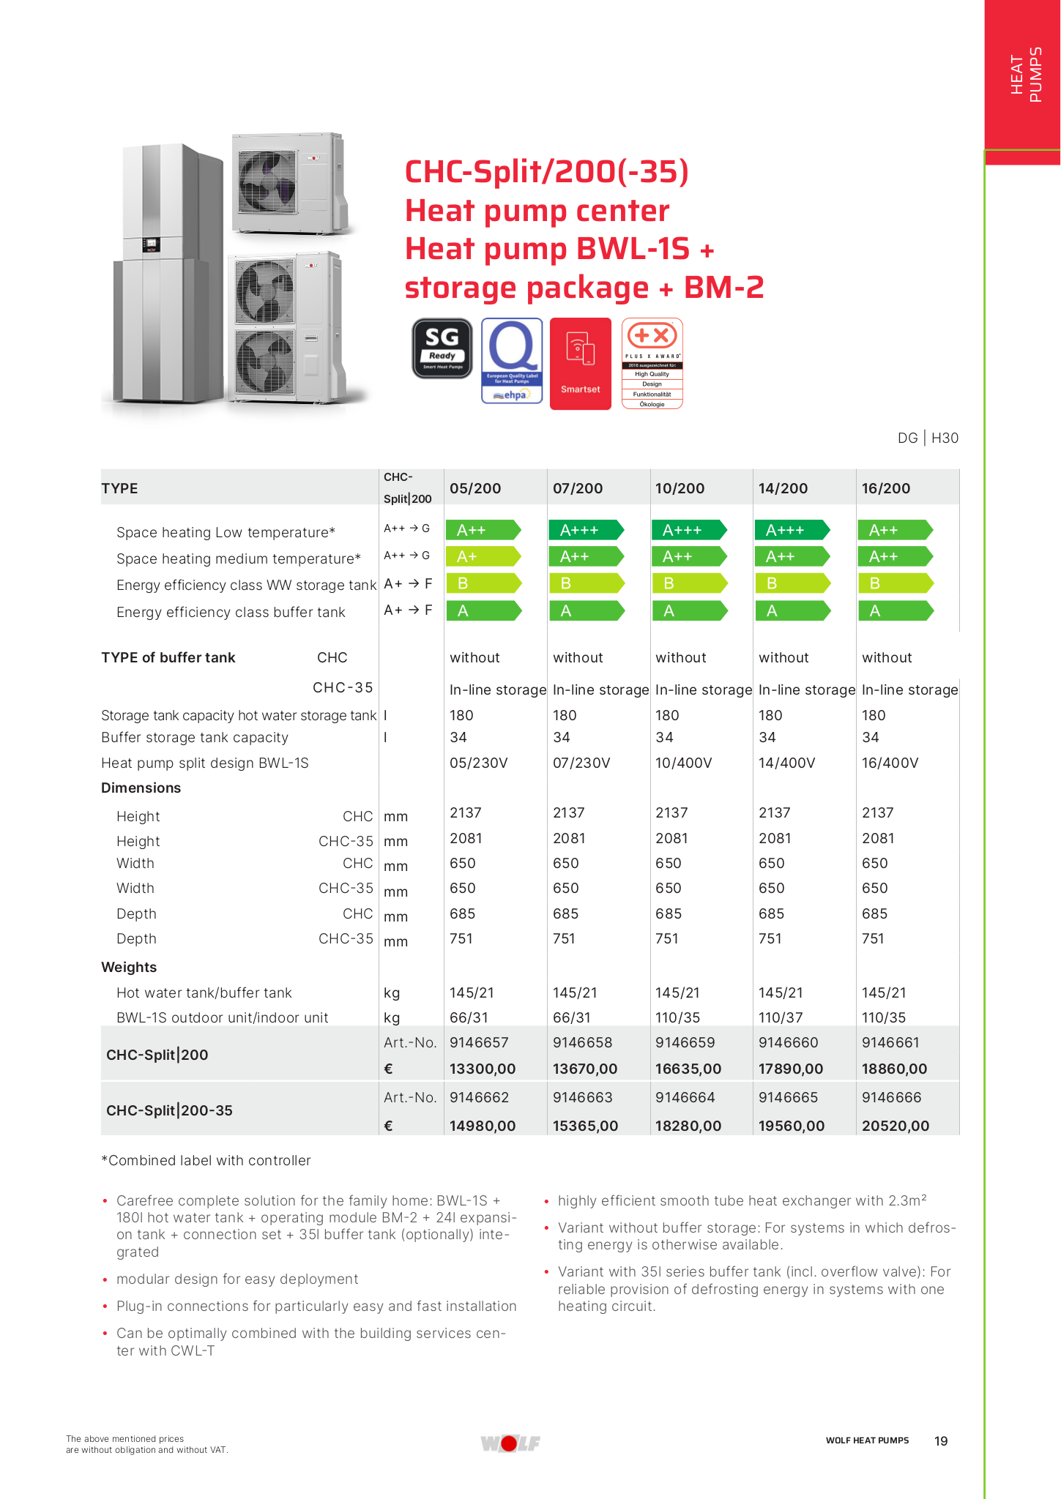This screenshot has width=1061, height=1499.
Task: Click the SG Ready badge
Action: pyautogui.click(x=442, y=348)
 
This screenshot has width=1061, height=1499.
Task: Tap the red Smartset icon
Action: pyautogui.click(x=580, y=363)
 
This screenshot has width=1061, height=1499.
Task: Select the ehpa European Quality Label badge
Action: pyautogui.click(x=512, y=360)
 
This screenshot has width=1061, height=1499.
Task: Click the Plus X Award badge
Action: pyautogui.click(x=652, y=363)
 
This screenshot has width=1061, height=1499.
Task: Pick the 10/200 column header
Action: pyautogui.click(x=680, y=488)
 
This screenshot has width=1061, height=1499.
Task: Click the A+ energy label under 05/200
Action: pyautogui.click(x=483, y=557)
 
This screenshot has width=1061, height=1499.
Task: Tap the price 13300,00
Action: pyautogui.click(x=483, y=1069)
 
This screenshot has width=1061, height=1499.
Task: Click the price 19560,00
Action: pyautogui.click(x=791, y=1126)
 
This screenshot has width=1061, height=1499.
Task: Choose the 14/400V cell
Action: pyautogui.click(x=786, y=763)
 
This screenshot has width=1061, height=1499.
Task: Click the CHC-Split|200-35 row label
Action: pyautogui.click(x=169, y=1110)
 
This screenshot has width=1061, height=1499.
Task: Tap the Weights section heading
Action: pyautogui.click(x=129, y=967)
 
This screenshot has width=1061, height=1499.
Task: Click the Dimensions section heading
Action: pyautogui.click(x=141, y=788)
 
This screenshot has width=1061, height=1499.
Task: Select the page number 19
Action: pyautogui.click(x=941, y=1440)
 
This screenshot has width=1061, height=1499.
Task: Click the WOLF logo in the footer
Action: pyautogui.click(x=510, y=1443)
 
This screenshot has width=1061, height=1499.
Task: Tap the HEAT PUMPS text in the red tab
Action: pyautogui.click(x=1026, y=75)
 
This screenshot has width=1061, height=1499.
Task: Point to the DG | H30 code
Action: pyautogui.click(x=928, y=438)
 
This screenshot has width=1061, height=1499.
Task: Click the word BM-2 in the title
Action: pyautogui.click(x=723, y=287)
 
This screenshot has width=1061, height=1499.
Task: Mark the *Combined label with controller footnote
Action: pyautogui.click(x=206, y=1160)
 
